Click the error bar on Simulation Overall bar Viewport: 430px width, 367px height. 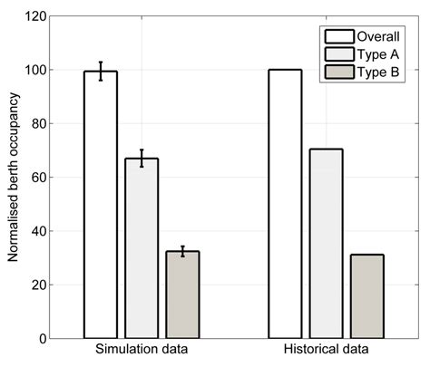coord(100,71)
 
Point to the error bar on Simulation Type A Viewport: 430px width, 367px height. coord(142,158)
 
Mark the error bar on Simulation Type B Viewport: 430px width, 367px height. coord(182,251)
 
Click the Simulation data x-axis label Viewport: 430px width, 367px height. coord(141,351)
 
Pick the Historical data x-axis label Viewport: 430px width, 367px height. coord(326,351)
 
